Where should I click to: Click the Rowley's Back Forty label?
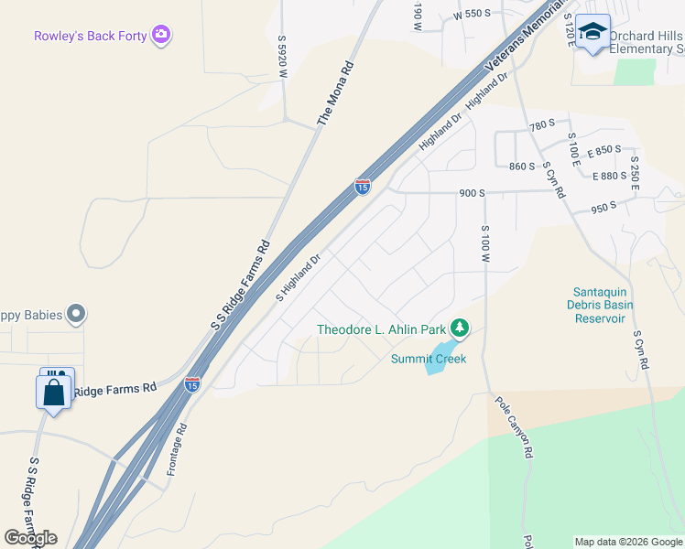(x=92, y=37)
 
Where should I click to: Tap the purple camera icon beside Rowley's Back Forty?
(x=162, y=35)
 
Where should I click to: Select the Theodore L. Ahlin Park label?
(x=381, y=329)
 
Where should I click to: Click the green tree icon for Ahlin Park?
(x=459, y=327)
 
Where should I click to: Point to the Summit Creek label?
(x=429, y=359)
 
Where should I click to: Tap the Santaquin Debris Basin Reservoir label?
(x=600, y=305)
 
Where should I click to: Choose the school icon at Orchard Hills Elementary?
(x=593, y=32)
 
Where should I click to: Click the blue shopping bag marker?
(x=54, y=393)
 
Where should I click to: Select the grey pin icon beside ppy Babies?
(x=77, y=315)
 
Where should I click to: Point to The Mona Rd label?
(x=336, y=91)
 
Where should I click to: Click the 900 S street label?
(x=472, y=193)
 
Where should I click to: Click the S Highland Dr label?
(x=299, y=276)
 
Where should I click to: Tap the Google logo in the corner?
(x=31, y=538)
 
